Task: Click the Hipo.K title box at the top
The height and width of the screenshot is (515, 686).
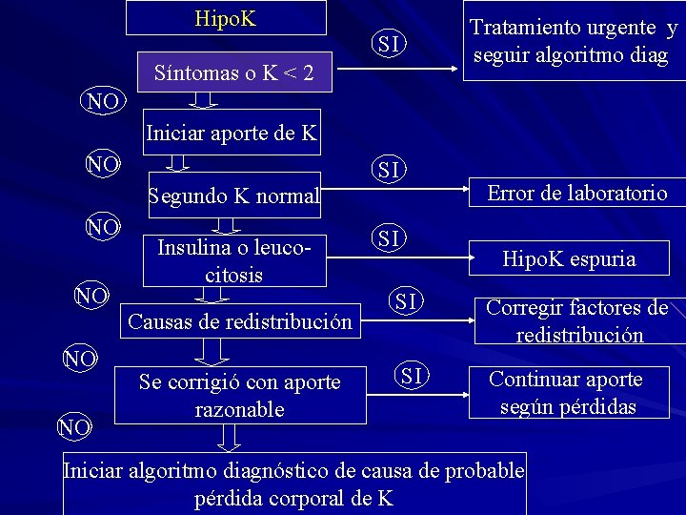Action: pos(226,18)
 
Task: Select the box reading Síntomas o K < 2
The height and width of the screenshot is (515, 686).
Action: pos(234,72)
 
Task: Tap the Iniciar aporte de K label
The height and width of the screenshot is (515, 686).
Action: pos(232,133)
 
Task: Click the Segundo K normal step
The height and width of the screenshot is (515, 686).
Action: pos(233,196)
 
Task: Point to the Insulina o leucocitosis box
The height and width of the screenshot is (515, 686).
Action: pos(234,260)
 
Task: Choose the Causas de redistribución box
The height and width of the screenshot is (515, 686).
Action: pos(239,320)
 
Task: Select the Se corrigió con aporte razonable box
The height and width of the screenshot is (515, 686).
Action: pos(239,395)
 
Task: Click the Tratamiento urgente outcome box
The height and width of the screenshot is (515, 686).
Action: pos(574,42)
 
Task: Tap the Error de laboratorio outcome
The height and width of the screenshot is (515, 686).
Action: pos(577,194)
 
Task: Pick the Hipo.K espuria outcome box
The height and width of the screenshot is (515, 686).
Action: pos(569,258)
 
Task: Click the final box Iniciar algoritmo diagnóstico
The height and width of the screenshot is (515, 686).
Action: pos(293,484)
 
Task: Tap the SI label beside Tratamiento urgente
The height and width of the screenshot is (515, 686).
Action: pos(389,43)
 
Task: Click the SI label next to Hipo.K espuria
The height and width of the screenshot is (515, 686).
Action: pos(388,237)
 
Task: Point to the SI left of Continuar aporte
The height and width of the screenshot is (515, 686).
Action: pos(412,376)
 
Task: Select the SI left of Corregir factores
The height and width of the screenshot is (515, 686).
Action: pos(407,301)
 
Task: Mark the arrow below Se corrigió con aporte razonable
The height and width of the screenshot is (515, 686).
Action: pos(230,437)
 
